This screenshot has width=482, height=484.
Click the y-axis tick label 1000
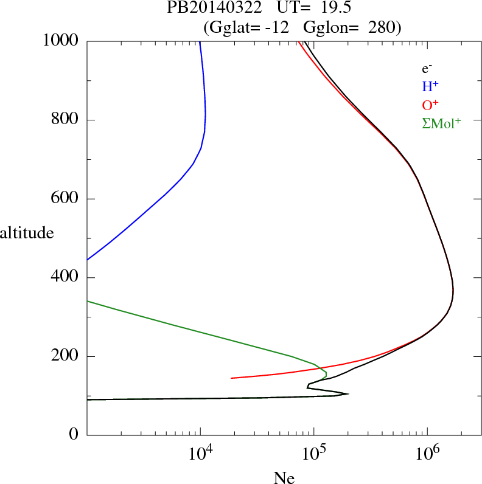click(61, 41)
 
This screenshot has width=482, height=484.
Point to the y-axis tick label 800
click(66, 120)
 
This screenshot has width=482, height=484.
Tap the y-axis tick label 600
click(66, 199)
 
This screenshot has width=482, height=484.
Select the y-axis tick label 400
click(66, 278)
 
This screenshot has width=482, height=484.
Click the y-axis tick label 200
click(66, 356)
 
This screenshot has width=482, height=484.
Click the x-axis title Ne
click(284, 478)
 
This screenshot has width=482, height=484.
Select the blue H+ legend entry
click(430, 86)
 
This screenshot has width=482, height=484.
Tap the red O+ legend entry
click(430, 105)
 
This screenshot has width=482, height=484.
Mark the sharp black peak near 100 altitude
click(347, 394)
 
